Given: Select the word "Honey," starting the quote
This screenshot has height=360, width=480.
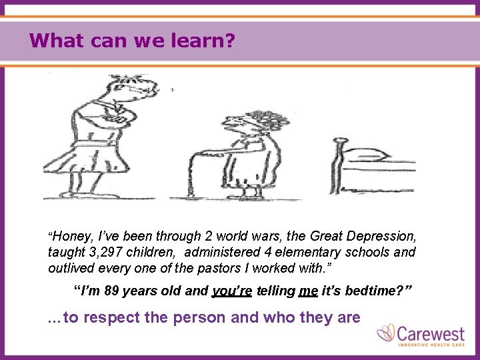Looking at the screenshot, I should [73, 236].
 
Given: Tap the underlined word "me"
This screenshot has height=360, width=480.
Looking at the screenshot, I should [309, 291].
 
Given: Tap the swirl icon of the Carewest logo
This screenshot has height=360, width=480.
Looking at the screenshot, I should [387, 333].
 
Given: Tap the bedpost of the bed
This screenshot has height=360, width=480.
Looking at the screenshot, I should [338, 167].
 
